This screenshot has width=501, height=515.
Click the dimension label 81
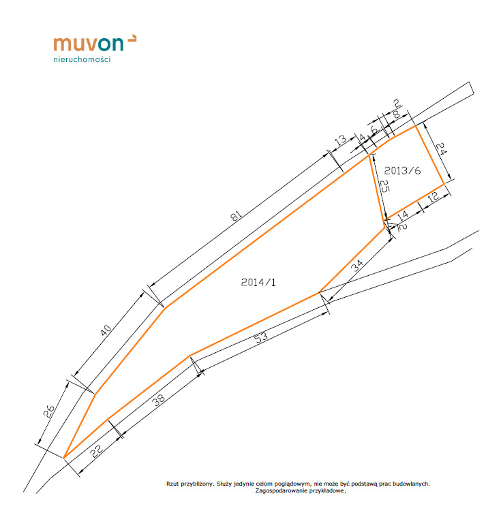(x=236, y=216)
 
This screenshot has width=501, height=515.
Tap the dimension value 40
(x=106, y=330)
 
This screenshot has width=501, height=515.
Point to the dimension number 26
(x=49, y=411)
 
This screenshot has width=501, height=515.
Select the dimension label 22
(x=97, y=451)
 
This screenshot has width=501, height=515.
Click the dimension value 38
(x=159, y=400)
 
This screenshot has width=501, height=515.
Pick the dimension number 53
(x=261, y=338)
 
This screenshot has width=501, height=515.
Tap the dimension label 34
(x=357, y=266)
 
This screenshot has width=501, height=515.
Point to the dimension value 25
(x=384, y=186)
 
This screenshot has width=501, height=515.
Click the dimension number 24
(x=441, y=148)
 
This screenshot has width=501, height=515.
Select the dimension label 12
(x=434, y=196)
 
